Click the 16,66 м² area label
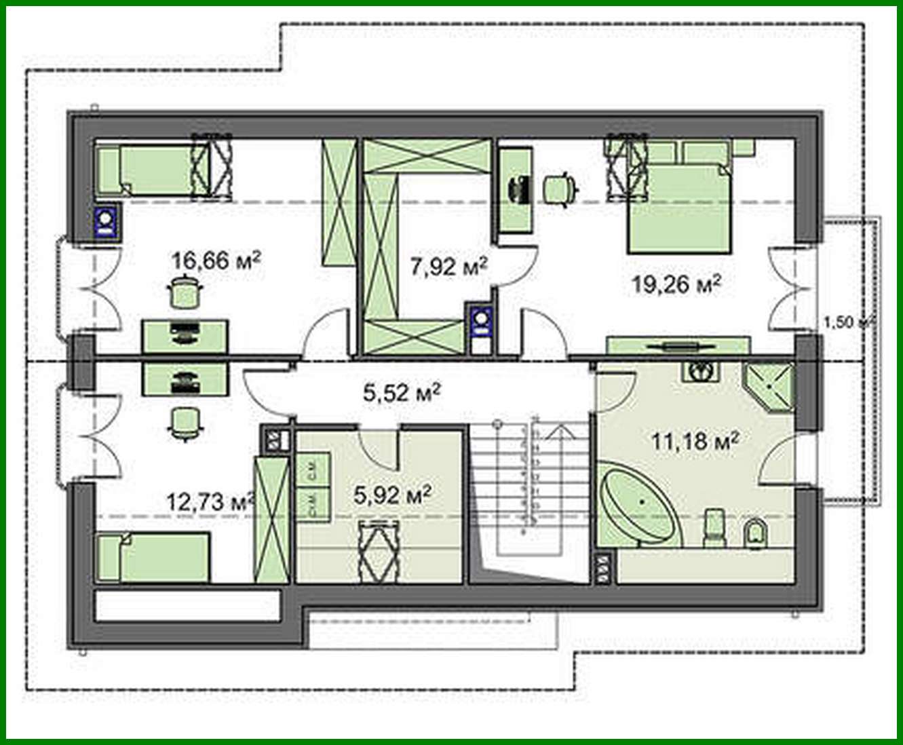click(217, 261)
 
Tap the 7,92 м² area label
click(448, 266)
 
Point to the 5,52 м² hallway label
click(402, 392)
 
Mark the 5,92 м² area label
click(393, 494)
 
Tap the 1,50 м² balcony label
click(847, 322)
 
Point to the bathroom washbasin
click(698, 371)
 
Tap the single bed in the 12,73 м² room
click(153, 557)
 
